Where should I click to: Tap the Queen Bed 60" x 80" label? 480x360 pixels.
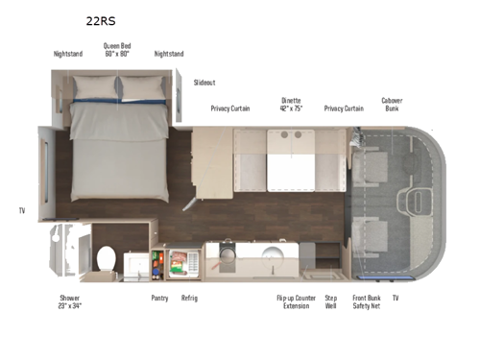[x=118, y=49]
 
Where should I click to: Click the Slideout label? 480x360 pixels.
[x=204, y=83]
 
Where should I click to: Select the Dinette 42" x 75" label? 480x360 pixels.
[x=290, y=104]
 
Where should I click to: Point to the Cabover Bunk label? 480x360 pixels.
[x=392, y=104]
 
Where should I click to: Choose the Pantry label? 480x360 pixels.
[x=159, y=298]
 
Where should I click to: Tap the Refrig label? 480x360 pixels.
[x=189, y=298]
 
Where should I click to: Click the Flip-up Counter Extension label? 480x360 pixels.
[x=296, y=301]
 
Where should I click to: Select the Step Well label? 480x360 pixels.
[x=331, y=301]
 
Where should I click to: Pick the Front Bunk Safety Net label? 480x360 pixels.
[x=367, y=301]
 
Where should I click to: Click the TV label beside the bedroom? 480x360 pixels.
[x=22, y=209]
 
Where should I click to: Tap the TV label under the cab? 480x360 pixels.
[x=395, y=298]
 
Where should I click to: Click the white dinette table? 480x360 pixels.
[x=291, y=168]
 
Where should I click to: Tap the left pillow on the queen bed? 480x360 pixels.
[x=95, y=87]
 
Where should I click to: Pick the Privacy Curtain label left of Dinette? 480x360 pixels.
[x=230, y=108]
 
